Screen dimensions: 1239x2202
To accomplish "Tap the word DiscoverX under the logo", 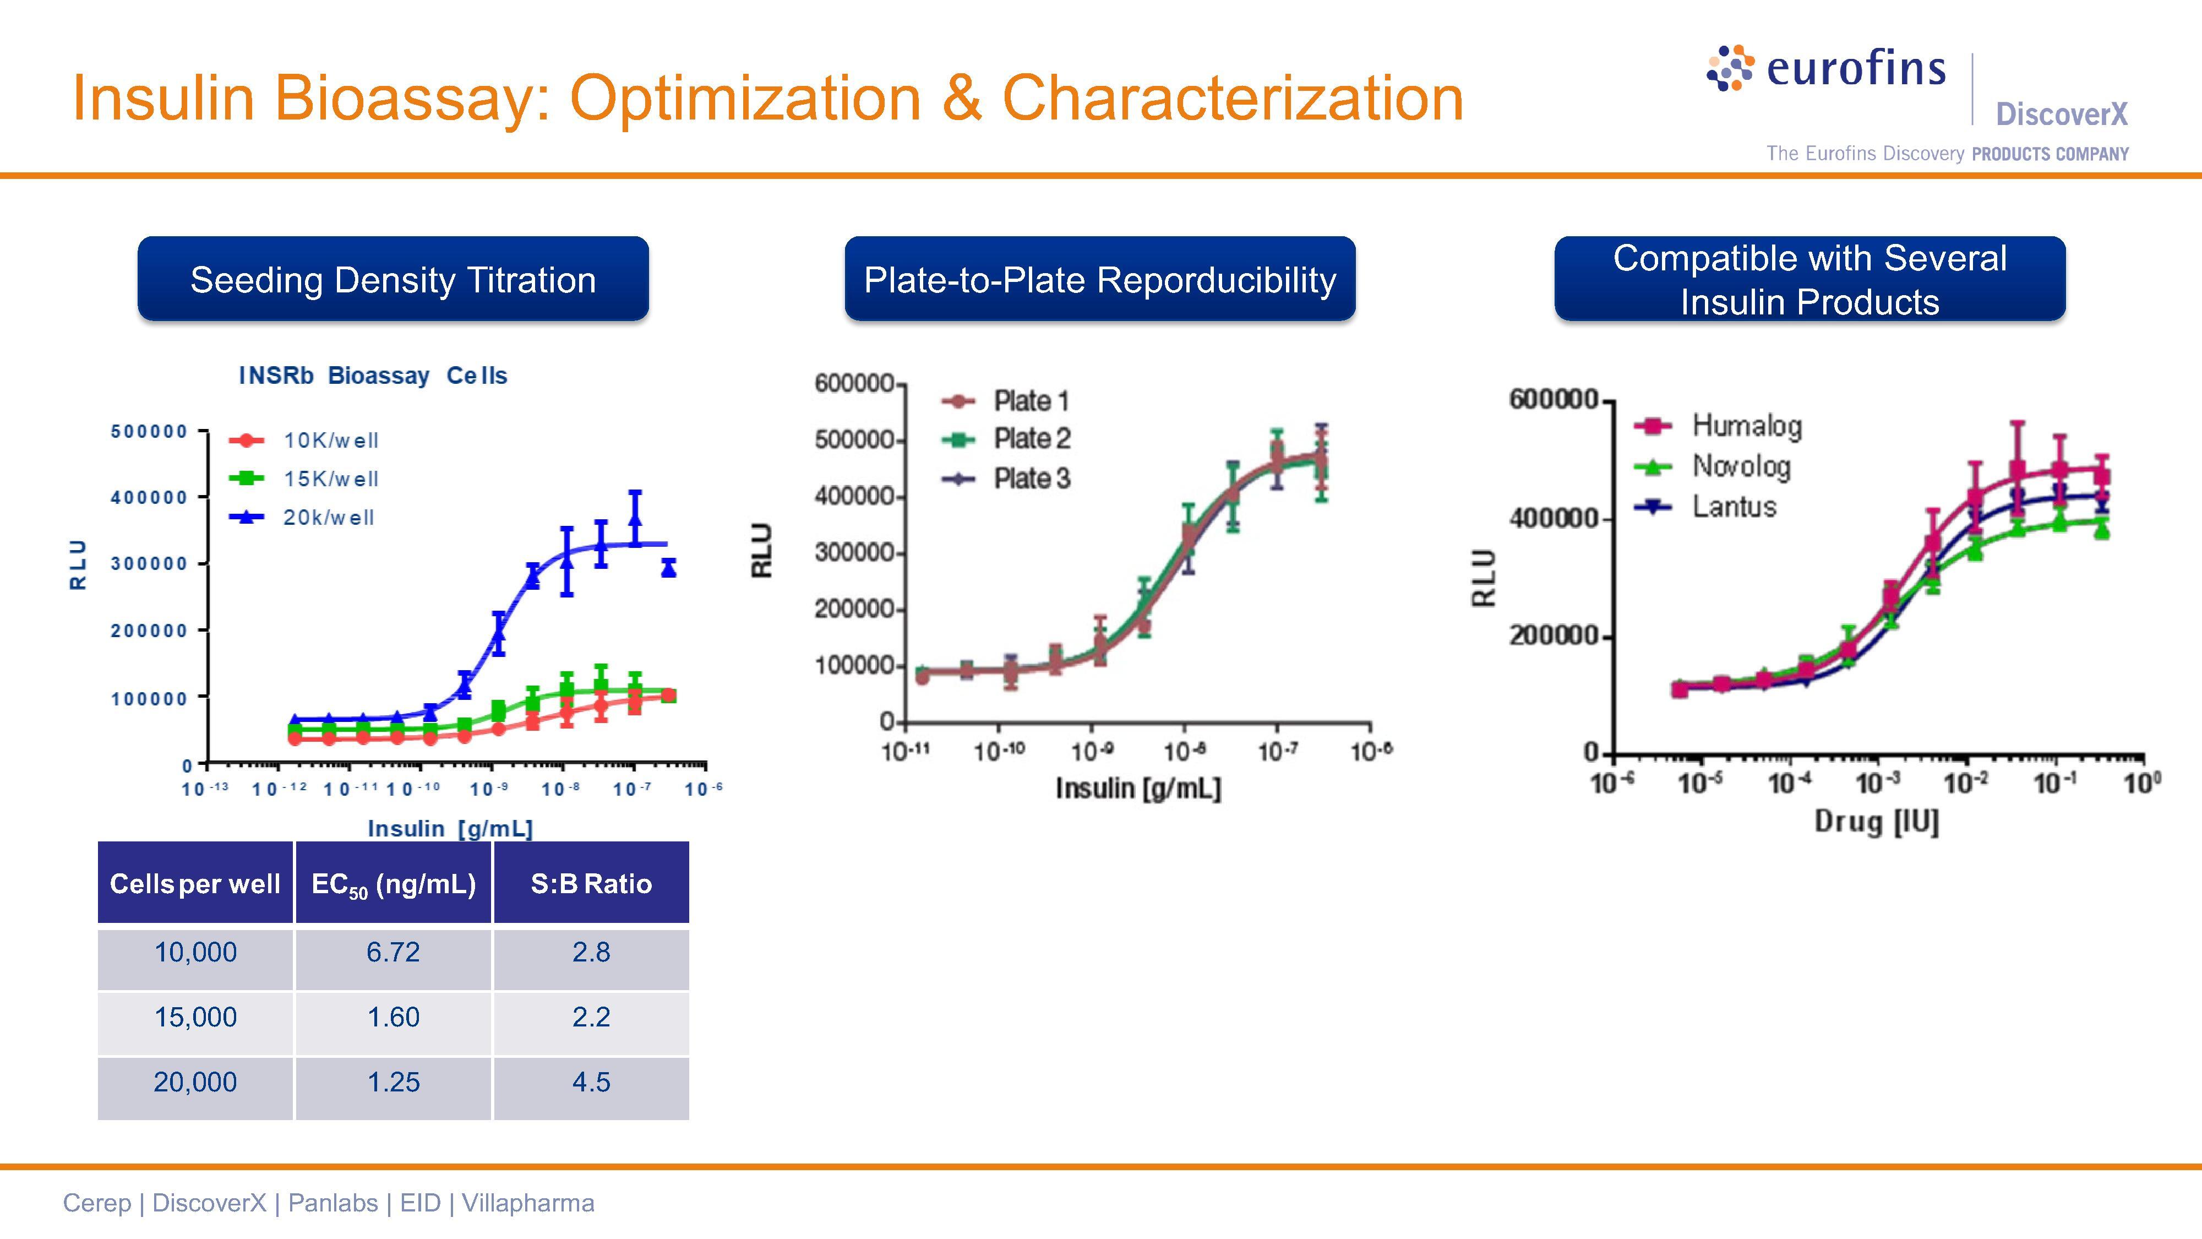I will click(2061, 114).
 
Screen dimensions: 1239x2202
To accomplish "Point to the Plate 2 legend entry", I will click(1031, 439).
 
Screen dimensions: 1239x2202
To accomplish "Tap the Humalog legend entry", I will click(1746, 426).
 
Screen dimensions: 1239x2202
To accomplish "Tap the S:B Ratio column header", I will click(591, 883).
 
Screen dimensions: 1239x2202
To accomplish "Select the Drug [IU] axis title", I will click(1876, 822).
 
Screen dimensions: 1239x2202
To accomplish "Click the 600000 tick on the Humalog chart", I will click(1552, 399).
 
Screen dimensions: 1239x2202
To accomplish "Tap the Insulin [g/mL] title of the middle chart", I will click(1138, 787).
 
